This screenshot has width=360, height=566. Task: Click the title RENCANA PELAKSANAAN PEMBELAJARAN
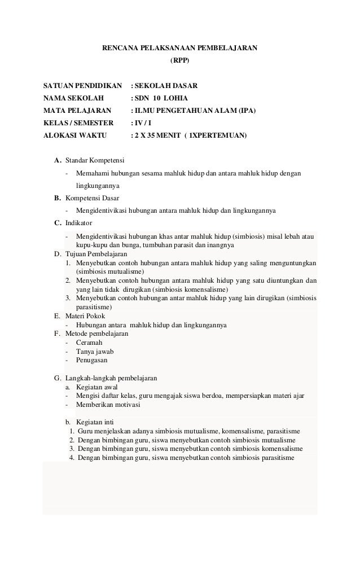(179, 49)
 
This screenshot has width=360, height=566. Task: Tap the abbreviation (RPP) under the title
(180, 59)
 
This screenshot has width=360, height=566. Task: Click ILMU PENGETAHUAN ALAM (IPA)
(194, 111)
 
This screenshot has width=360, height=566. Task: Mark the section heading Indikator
(78, 223)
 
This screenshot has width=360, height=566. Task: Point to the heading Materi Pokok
(85, 316)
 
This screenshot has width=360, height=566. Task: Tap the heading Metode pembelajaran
(96, 334)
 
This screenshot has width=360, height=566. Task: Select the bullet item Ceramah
(89, 342)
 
